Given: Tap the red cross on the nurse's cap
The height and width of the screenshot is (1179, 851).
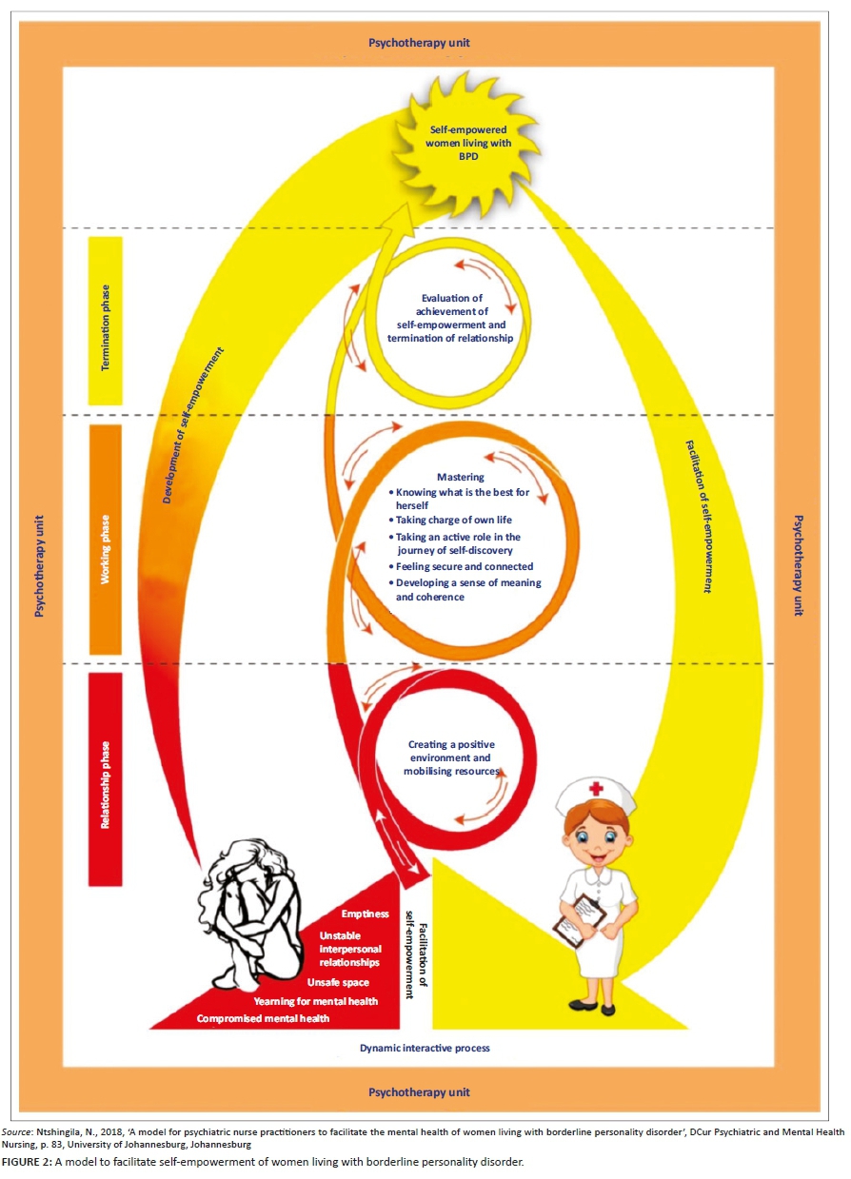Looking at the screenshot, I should pyautogui.click(x=595, y=790).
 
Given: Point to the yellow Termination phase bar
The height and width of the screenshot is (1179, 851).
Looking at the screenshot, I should pyautogui.click(x=107, y=320).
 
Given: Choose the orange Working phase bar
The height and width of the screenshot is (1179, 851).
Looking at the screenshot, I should pyautogui.click(x=107, y=539).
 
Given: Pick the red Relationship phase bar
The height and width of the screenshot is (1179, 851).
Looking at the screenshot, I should pyautogui.click(x=106, y=778).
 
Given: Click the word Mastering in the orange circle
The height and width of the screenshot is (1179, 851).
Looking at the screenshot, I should pyautogui.click(x=461, y=477).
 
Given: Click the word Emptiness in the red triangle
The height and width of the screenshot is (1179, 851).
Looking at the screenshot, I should pyautogui.click(x=366, y=914).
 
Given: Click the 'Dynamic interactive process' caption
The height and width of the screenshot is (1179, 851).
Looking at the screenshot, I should pyautogui.click(x=425, y=1048).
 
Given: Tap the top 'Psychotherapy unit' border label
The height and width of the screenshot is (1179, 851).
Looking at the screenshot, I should pyautogui.click(x=419, y=43).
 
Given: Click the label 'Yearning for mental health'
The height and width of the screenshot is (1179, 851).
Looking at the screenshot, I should pyautogui.click(x=315, y=1001).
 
